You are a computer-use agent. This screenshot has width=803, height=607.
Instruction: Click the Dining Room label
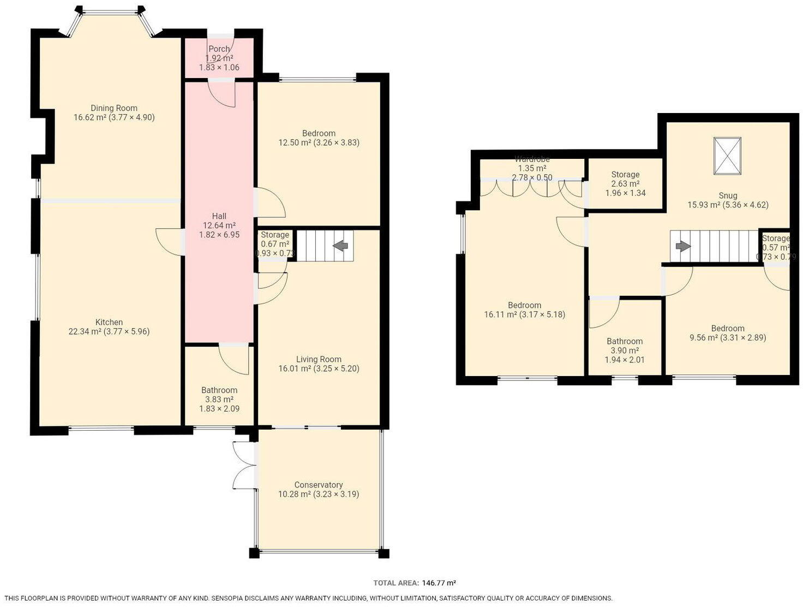tap(113, 108)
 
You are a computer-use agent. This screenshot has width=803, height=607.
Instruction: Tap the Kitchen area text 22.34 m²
tap(83, 331)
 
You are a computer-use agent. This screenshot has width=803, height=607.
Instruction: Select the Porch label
tap(219, 49)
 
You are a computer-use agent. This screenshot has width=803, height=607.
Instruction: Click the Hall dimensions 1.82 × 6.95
tap(219, 235)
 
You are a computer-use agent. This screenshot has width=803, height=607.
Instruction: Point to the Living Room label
tap(319, 359)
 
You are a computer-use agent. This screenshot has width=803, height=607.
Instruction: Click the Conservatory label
tap(319, 485)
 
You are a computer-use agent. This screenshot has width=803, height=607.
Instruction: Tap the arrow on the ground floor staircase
tap(341, 246)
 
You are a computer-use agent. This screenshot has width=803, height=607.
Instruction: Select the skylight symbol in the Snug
tap(728, 156)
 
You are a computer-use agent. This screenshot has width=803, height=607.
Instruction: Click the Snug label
tap(728, 195)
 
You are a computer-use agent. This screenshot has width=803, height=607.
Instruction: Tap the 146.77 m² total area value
tap(439, 583)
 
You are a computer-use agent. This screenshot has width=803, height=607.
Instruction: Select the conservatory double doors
tap(244, 465)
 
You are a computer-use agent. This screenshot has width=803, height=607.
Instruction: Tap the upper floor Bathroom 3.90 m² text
tap(625, 350)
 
